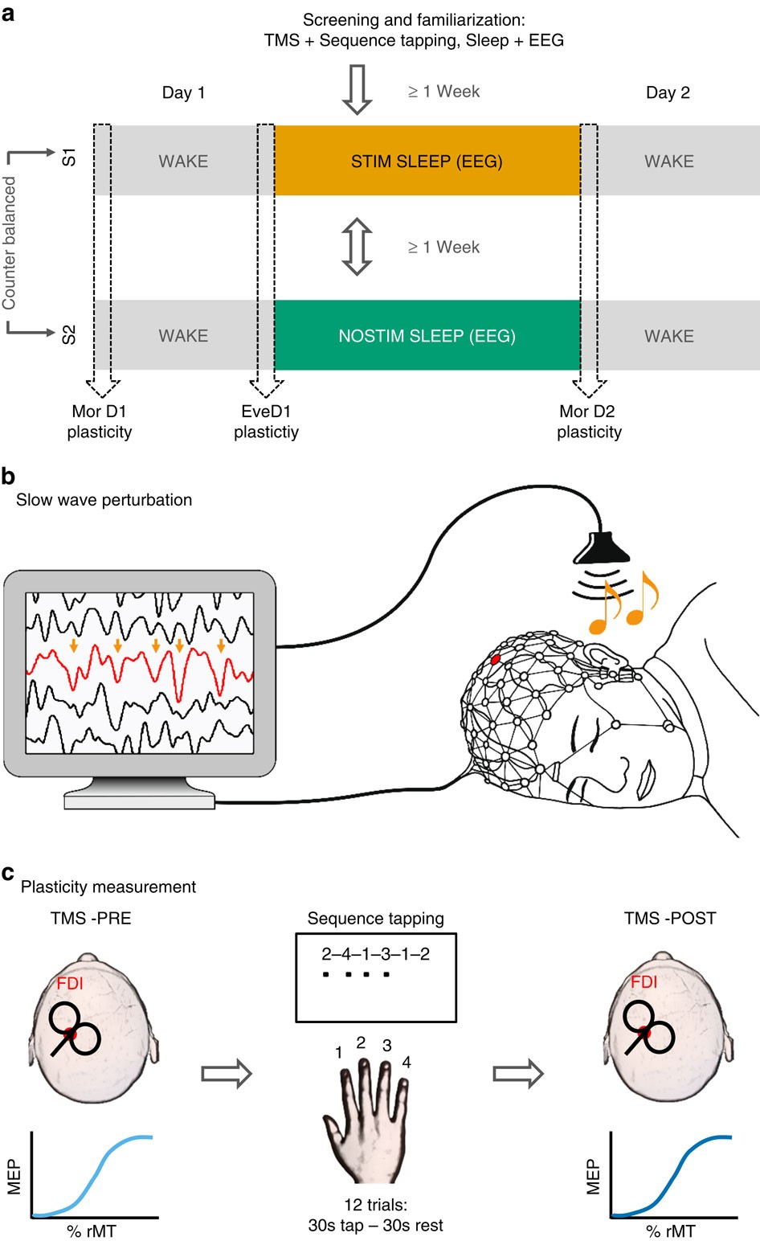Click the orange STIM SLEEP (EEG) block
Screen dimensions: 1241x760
click(x=427, y=161)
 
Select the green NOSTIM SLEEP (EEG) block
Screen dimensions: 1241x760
click(x=427, y=335)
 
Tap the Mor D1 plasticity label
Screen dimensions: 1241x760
click(x=99, y=422)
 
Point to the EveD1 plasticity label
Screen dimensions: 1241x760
click(x=266, y=422)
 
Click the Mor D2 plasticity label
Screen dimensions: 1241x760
click(x=588, y=422)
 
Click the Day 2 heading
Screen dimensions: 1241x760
click(x=668, y=92)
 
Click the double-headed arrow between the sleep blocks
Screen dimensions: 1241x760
click(x=357, y=247)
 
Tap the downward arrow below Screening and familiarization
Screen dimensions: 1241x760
click(x=357, y=88)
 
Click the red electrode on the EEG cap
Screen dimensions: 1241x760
click(x=495, y=658)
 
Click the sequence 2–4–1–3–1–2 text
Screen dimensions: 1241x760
click(x=375, y=954)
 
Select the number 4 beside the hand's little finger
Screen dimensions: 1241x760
click(x=407, y=1063)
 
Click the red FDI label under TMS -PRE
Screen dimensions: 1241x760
click(x=70, y=983)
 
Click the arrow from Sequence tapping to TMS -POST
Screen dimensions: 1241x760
click(x=518, y=1073)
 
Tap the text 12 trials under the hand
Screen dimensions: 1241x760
click(x=375, y=1205)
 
